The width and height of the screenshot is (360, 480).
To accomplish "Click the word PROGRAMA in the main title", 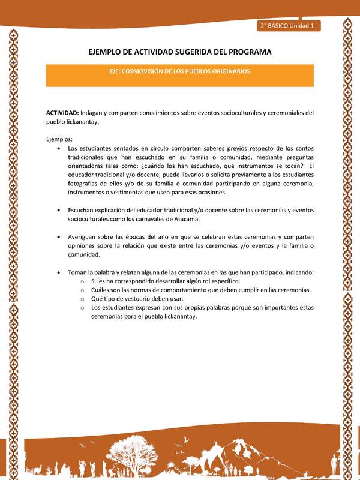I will [246, 52].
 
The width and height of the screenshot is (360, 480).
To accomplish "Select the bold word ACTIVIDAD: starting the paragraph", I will [62, 112].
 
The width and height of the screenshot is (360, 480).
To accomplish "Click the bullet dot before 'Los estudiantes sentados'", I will [58, 148].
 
